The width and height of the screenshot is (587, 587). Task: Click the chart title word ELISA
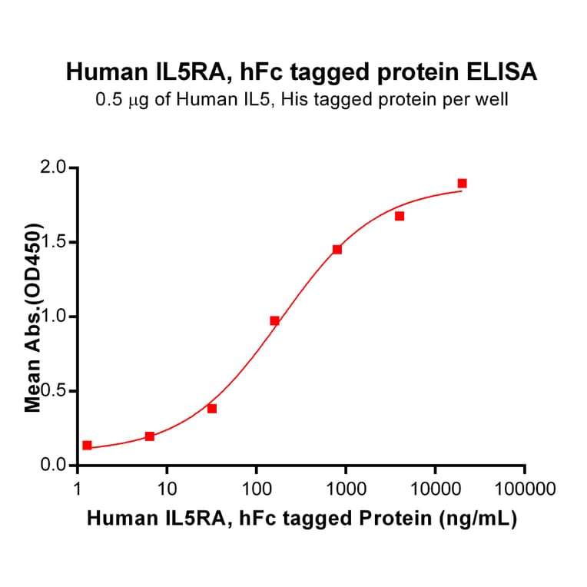pos(500,72)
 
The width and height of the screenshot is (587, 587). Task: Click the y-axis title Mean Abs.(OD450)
pos(33,317)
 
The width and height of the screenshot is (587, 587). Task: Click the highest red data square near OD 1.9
pos(462,184)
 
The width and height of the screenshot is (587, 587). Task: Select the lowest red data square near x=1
pos(87,446)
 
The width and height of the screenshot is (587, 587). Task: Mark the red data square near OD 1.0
pos(274,320)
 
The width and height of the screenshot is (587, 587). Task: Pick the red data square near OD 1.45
pos(337,250)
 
